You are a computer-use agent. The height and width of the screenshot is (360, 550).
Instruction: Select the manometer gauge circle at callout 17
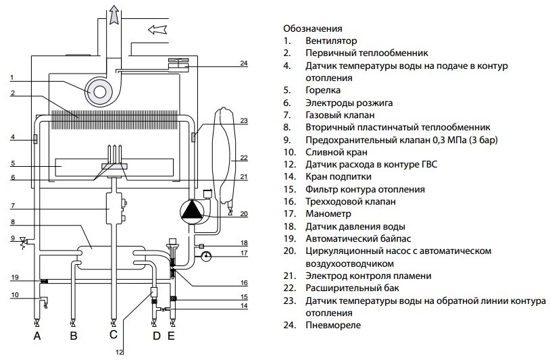[x=205, y=256]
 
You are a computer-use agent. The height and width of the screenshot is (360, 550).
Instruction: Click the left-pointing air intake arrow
[x=157, y=29]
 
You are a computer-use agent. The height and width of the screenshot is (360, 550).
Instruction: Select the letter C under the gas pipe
[x=113, y=335]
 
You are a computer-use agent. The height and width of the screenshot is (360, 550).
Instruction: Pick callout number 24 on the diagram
[x=244, y=63]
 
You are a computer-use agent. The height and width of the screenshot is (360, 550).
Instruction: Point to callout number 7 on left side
[x=12, y=205]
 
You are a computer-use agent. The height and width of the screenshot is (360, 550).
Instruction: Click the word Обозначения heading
[x=312, y=29]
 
